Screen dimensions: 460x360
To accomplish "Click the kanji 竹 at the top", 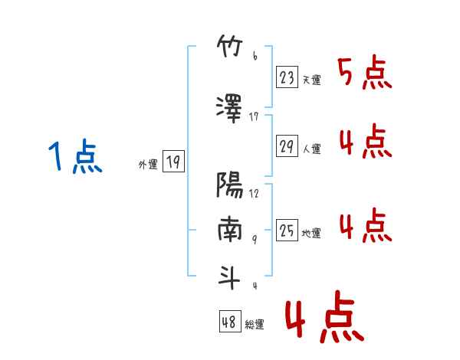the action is coord(230,46).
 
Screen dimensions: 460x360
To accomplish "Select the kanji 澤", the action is coord(229,109).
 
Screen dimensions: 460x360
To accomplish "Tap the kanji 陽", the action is coord(230,185).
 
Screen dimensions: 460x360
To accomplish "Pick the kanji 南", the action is coord(230,229).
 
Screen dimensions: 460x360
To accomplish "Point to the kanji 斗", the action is coord(229,277).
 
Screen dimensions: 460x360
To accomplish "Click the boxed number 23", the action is coord(287,77).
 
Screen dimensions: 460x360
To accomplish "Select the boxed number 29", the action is coord(287,146).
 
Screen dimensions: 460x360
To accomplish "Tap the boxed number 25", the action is coord(287,230).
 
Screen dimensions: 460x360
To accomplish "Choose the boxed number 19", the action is coord(173,162).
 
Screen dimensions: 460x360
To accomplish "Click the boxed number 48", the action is coord(230,321).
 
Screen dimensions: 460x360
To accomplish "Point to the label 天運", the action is coord(311,80).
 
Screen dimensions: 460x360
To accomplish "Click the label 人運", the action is coord(311,149).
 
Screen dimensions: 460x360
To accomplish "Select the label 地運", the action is coord(311,234).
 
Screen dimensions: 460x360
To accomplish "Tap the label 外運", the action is coord(148,165).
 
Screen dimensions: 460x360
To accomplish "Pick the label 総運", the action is coord(255,324).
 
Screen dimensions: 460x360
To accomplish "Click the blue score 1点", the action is coord(75,156).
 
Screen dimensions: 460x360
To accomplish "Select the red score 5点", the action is coord(365,72).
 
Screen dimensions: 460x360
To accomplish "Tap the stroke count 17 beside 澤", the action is coord(254,117).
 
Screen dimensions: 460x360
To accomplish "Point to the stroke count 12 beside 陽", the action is coord(254,194).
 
